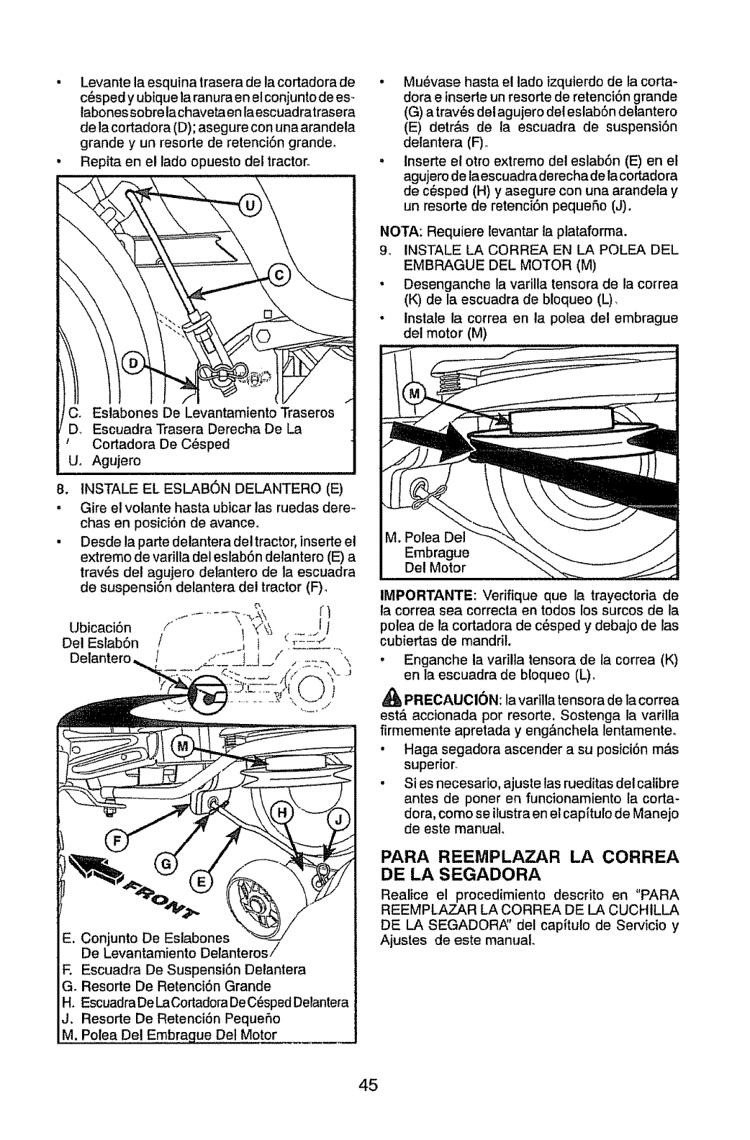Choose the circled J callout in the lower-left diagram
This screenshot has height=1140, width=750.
point(337,822)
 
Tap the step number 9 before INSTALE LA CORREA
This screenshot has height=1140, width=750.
point(384,249)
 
